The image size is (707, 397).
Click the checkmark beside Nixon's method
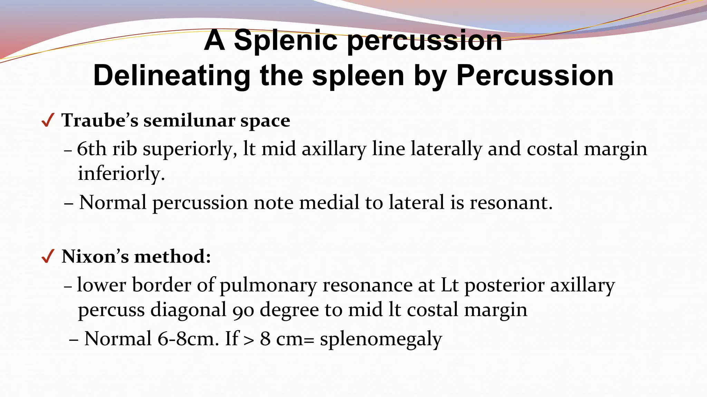point(47,256)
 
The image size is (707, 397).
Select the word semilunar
point(189,121)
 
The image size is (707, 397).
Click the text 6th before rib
point(91,149)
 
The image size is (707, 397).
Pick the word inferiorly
point(121,173)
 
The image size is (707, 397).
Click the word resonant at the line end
point(511,202)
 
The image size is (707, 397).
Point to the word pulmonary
point(268,285)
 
